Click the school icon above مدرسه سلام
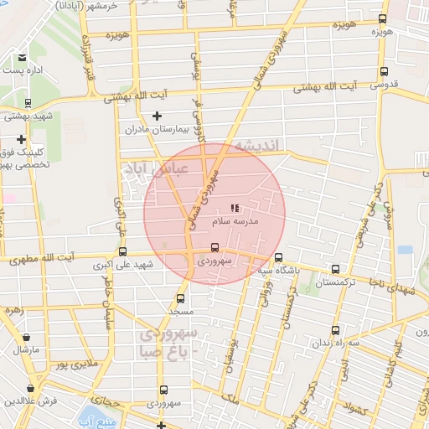234,206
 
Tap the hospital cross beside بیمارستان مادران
157,116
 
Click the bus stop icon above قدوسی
384,71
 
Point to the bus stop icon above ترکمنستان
335,270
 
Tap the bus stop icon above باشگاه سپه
278,258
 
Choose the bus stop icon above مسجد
180,297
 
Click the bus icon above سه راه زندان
335,330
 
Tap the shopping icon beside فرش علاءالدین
31,388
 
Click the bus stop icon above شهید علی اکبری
123,251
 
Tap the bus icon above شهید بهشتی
28,104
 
